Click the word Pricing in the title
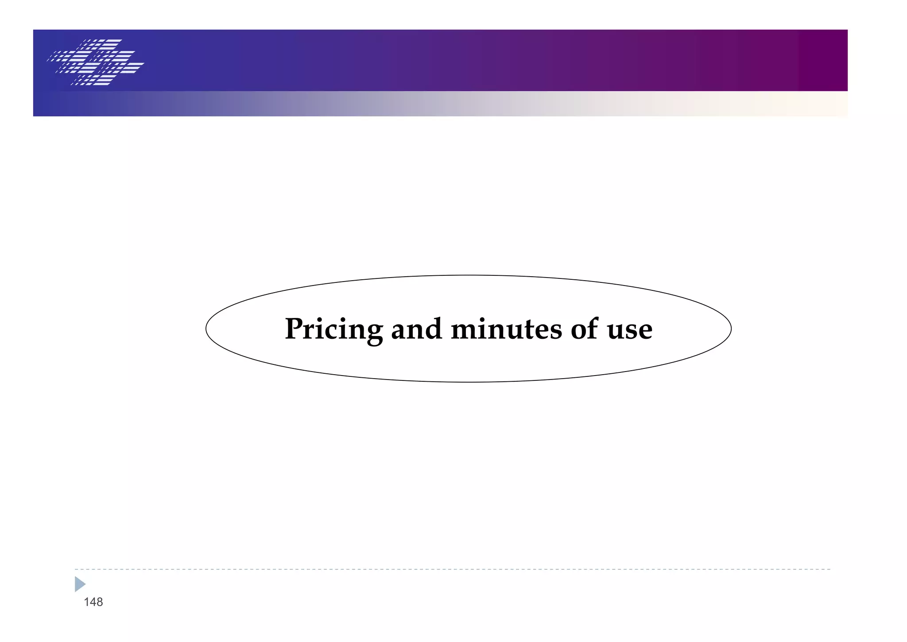[333, 329]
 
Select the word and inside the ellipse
[416, 329]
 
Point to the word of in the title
[584, 329]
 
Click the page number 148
[93, 602]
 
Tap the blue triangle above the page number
[80, 584]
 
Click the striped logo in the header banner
[96, 62]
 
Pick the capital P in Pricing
[294, 329]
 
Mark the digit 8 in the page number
[99, 602]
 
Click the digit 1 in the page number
[87, 602]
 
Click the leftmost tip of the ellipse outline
[206, 329]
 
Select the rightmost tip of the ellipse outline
[731, 329]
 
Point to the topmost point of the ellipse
[469, 275]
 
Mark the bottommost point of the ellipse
[469, 382]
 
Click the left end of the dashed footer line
[76, 569]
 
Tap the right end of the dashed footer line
[829, 569]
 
